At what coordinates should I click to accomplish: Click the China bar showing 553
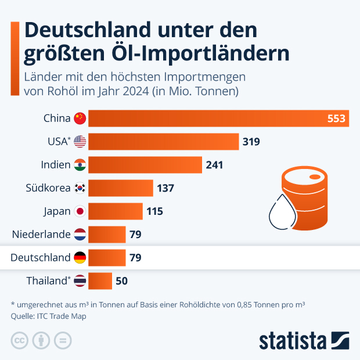click(x=218, y=118)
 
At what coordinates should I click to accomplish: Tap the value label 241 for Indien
click(x=214, y=165)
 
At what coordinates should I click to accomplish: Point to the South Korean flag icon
click(x=80, y=188)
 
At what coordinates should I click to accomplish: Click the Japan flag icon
click(x=80, y=211)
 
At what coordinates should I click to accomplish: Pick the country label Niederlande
click(x=41, y=235)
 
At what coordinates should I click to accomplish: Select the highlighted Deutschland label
click(x=41, y=257)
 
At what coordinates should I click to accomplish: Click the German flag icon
click(x=80, y=257)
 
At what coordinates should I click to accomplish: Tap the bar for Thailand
click(x=100, y=280)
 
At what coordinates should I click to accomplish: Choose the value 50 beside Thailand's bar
click(x=121, y=281)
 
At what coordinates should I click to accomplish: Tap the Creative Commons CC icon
click(x=20, y=340)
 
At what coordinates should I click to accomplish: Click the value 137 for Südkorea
click(x=165, y=188)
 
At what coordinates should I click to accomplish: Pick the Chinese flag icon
click(x=80, y=118)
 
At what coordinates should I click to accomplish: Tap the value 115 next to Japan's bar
click(x=154, y=211)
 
